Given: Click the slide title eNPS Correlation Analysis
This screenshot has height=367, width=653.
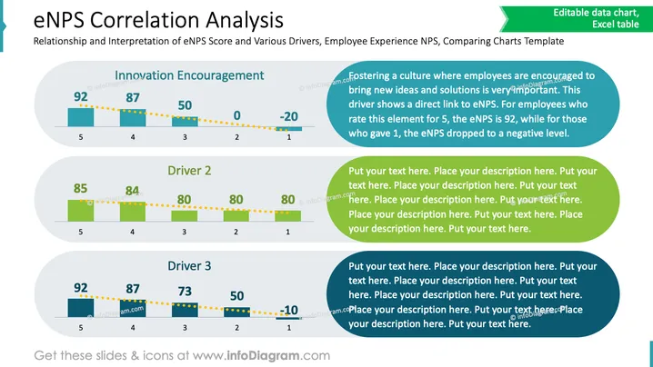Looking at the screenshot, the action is point(158,20).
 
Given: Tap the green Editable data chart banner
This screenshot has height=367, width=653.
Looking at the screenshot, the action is point(577,19).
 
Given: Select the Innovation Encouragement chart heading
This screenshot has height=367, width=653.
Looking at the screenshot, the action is point(189,75).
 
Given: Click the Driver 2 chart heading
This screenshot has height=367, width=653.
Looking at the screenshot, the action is point(189,171).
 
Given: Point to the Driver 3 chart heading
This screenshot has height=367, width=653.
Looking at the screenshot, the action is point(189,266).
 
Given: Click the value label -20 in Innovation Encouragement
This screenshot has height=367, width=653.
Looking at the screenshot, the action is point(288,116).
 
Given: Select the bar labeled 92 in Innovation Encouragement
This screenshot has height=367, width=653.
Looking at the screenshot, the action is point(81,117).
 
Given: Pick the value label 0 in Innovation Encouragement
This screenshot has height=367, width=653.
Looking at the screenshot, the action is point(236,115).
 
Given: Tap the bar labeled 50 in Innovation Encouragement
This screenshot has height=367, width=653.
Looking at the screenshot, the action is point(185,121).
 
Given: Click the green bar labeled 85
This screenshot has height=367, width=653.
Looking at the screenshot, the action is point(81,211).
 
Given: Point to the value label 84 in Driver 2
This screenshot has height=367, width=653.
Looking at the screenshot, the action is point(133,191).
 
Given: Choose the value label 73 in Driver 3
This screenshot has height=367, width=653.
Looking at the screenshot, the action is point(185,292).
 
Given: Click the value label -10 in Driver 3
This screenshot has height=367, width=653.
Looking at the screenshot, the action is point(288,310).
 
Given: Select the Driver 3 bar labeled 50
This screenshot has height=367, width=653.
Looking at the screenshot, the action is point(237,312).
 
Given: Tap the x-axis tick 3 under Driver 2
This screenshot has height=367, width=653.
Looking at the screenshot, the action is point(184,233).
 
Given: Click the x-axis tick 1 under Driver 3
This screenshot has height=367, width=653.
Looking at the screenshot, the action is point(288,328).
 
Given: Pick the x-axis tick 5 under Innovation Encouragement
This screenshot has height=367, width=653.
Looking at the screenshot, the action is point(81,137).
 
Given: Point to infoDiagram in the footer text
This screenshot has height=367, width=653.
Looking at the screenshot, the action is point(263,356).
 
